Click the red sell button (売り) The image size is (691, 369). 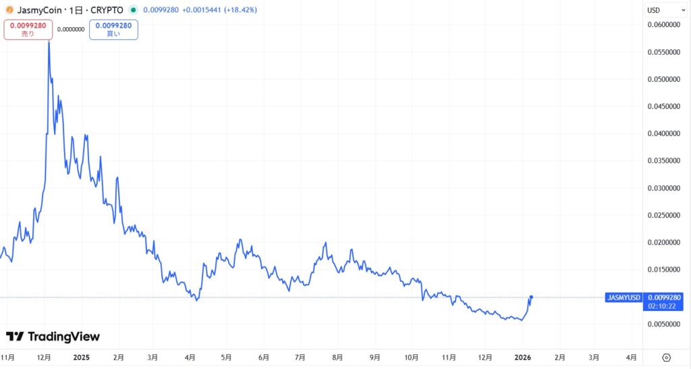coord(28,29)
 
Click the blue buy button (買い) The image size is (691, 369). coord(113,29)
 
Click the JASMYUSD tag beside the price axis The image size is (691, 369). coord(624,297)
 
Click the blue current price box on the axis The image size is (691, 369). coord(665,301)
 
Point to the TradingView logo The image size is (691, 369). coord(53,337)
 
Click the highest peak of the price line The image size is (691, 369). coord(49,42)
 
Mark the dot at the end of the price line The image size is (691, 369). coord(532,297)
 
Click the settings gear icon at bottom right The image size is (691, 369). coord(666,357)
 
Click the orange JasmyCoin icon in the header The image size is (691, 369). coord(9,10)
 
